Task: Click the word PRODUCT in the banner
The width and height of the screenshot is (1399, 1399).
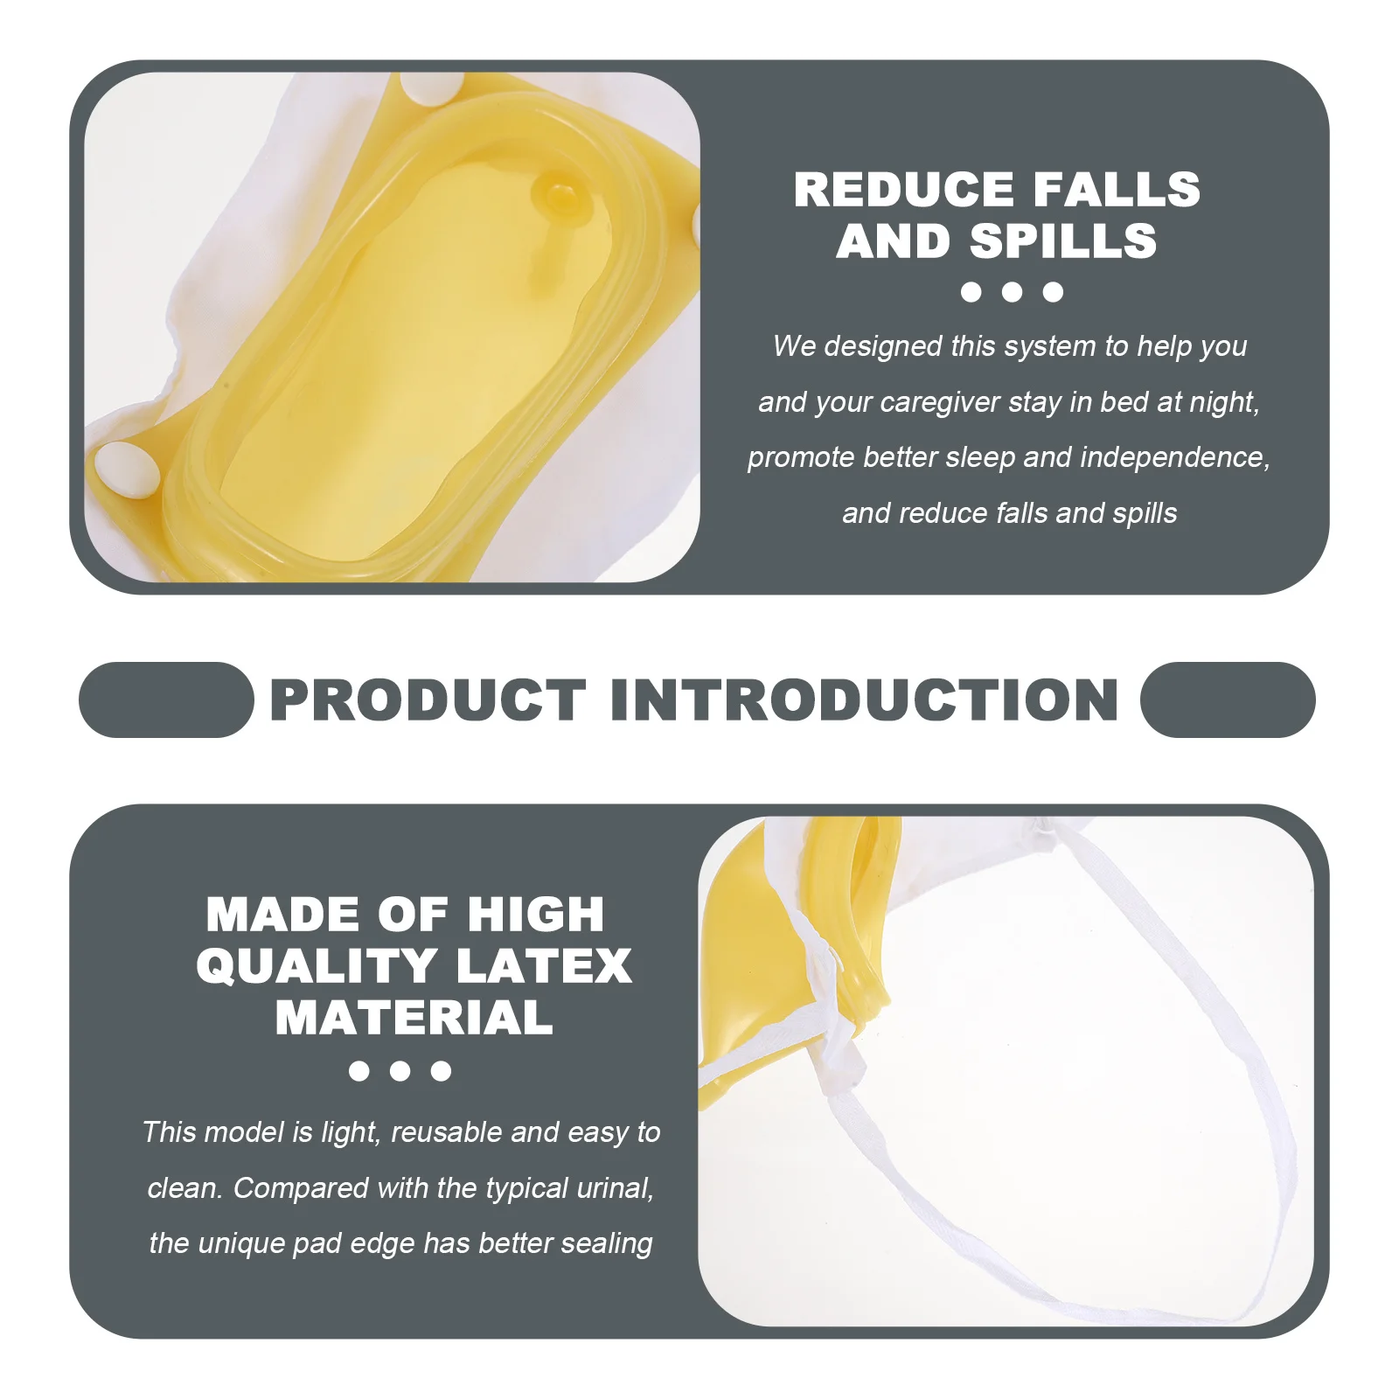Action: (x=428, y=700)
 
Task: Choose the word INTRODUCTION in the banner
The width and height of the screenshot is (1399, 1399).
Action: (x=864, y=700)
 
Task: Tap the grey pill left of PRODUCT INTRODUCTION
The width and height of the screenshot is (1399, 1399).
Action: (x=166, y=699)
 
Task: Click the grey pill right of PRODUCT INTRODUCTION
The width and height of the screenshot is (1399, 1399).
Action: (x=1228, y=699)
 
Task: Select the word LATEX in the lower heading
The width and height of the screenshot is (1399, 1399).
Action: (x=543, y=966)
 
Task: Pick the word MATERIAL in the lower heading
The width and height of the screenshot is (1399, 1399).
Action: (x=414, y=1018)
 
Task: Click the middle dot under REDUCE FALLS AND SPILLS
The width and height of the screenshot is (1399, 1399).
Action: (x=1012, y=292)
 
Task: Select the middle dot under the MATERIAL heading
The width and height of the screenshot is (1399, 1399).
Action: (x=400, y=1071)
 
